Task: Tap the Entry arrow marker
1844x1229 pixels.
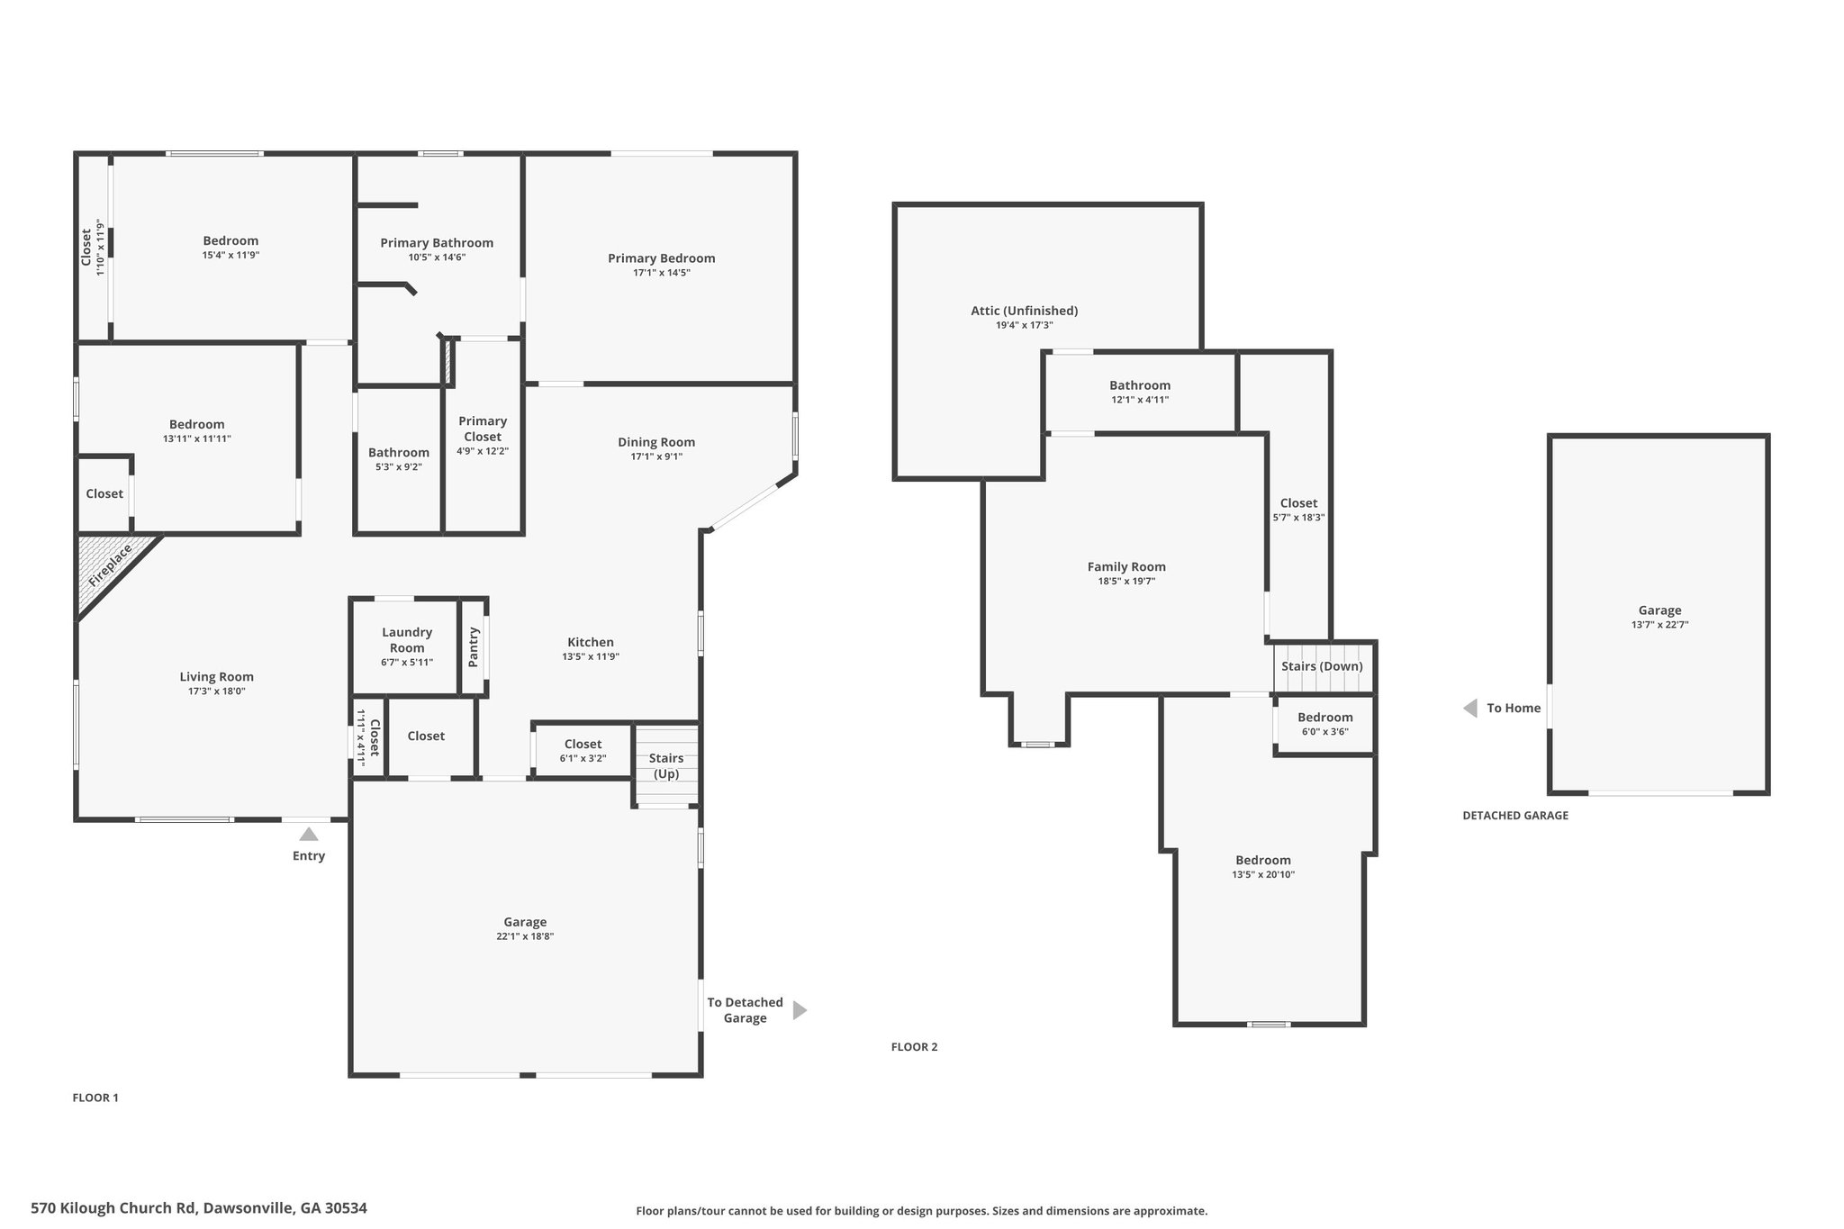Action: pos(309,834)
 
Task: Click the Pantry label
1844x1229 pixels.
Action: pos(474,647)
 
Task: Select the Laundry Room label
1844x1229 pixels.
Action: pos(407,640)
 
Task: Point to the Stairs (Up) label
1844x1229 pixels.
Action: pos(666,766)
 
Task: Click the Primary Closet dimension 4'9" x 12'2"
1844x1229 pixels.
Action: pos(483,451)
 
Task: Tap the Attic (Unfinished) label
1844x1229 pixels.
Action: pos(1025,311)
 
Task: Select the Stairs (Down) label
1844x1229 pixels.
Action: pos(1322,666)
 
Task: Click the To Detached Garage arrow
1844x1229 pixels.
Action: pos(800,1010)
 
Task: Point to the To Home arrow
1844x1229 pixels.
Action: pos(1470,709)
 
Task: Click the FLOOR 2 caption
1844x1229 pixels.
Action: pos(914,1047)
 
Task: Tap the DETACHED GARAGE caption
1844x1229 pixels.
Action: pos(1515,816)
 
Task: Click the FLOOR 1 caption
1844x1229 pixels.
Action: pos(95,1098)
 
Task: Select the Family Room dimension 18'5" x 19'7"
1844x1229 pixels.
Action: pos(1126,582)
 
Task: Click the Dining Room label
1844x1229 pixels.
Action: pos(656,442)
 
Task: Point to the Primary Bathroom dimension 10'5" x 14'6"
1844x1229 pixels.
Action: pos(437,258)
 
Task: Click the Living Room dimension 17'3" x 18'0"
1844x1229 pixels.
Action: pos(216,691)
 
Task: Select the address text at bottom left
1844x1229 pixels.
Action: pos(199,1207)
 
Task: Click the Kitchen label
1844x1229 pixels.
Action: pos(591,642)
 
